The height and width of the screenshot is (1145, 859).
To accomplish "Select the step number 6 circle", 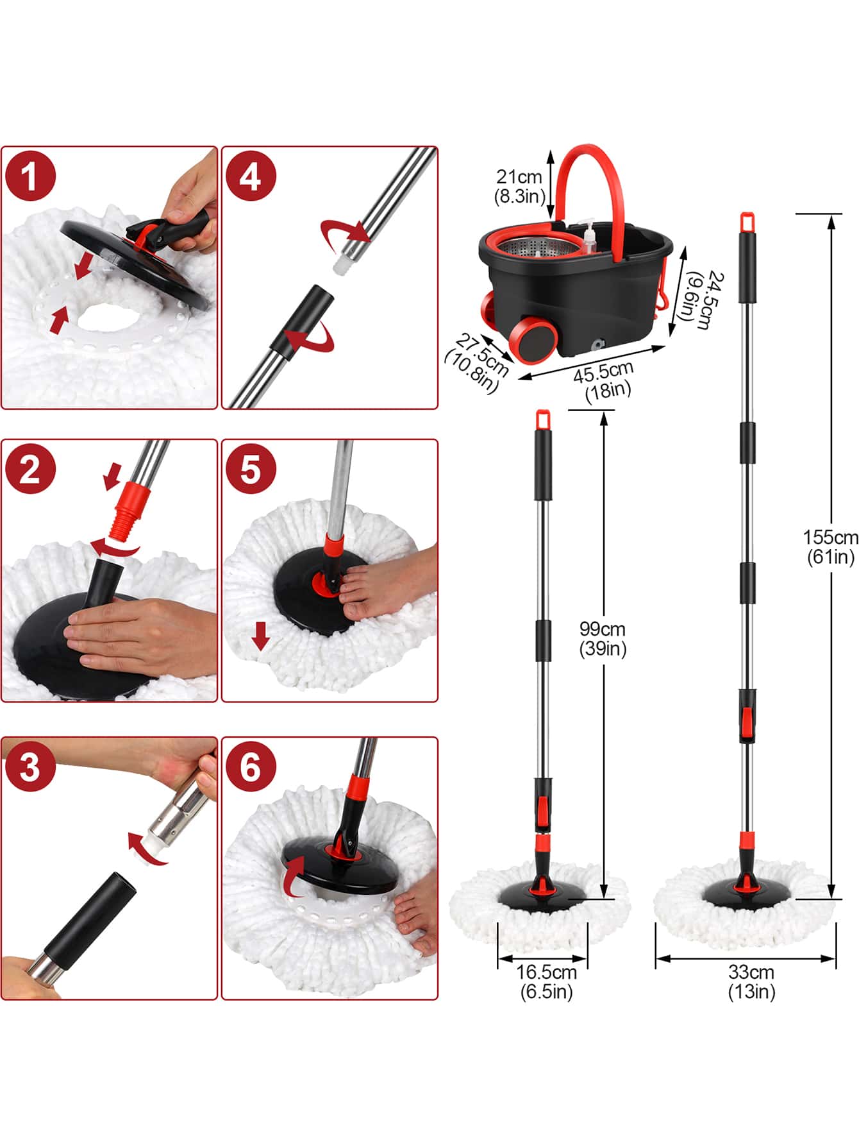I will click(250, 767).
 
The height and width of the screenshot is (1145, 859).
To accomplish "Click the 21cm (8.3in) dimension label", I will click(519, 186).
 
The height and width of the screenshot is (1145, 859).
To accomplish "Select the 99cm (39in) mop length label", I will click(603, 638).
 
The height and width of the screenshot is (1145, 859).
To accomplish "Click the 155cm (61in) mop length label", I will click(830, 547).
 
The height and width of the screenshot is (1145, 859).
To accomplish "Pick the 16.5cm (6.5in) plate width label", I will click(546, 981).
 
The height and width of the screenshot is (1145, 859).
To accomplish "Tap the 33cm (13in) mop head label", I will click(751, 981).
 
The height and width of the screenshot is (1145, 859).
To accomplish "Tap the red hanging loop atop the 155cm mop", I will click(746, 221).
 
